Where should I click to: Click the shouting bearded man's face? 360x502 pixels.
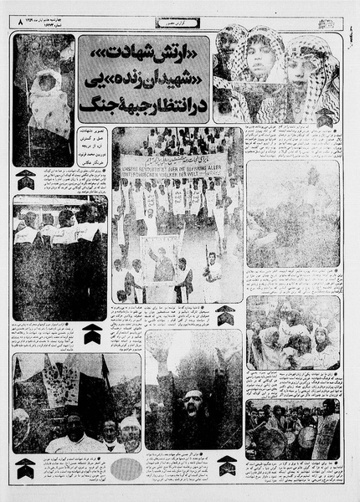coord(193,407)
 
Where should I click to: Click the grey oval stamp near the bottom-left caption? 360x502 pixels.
coord(126,469)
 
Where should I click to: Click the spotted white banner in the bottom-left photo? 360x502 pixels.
coord(60,385)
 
